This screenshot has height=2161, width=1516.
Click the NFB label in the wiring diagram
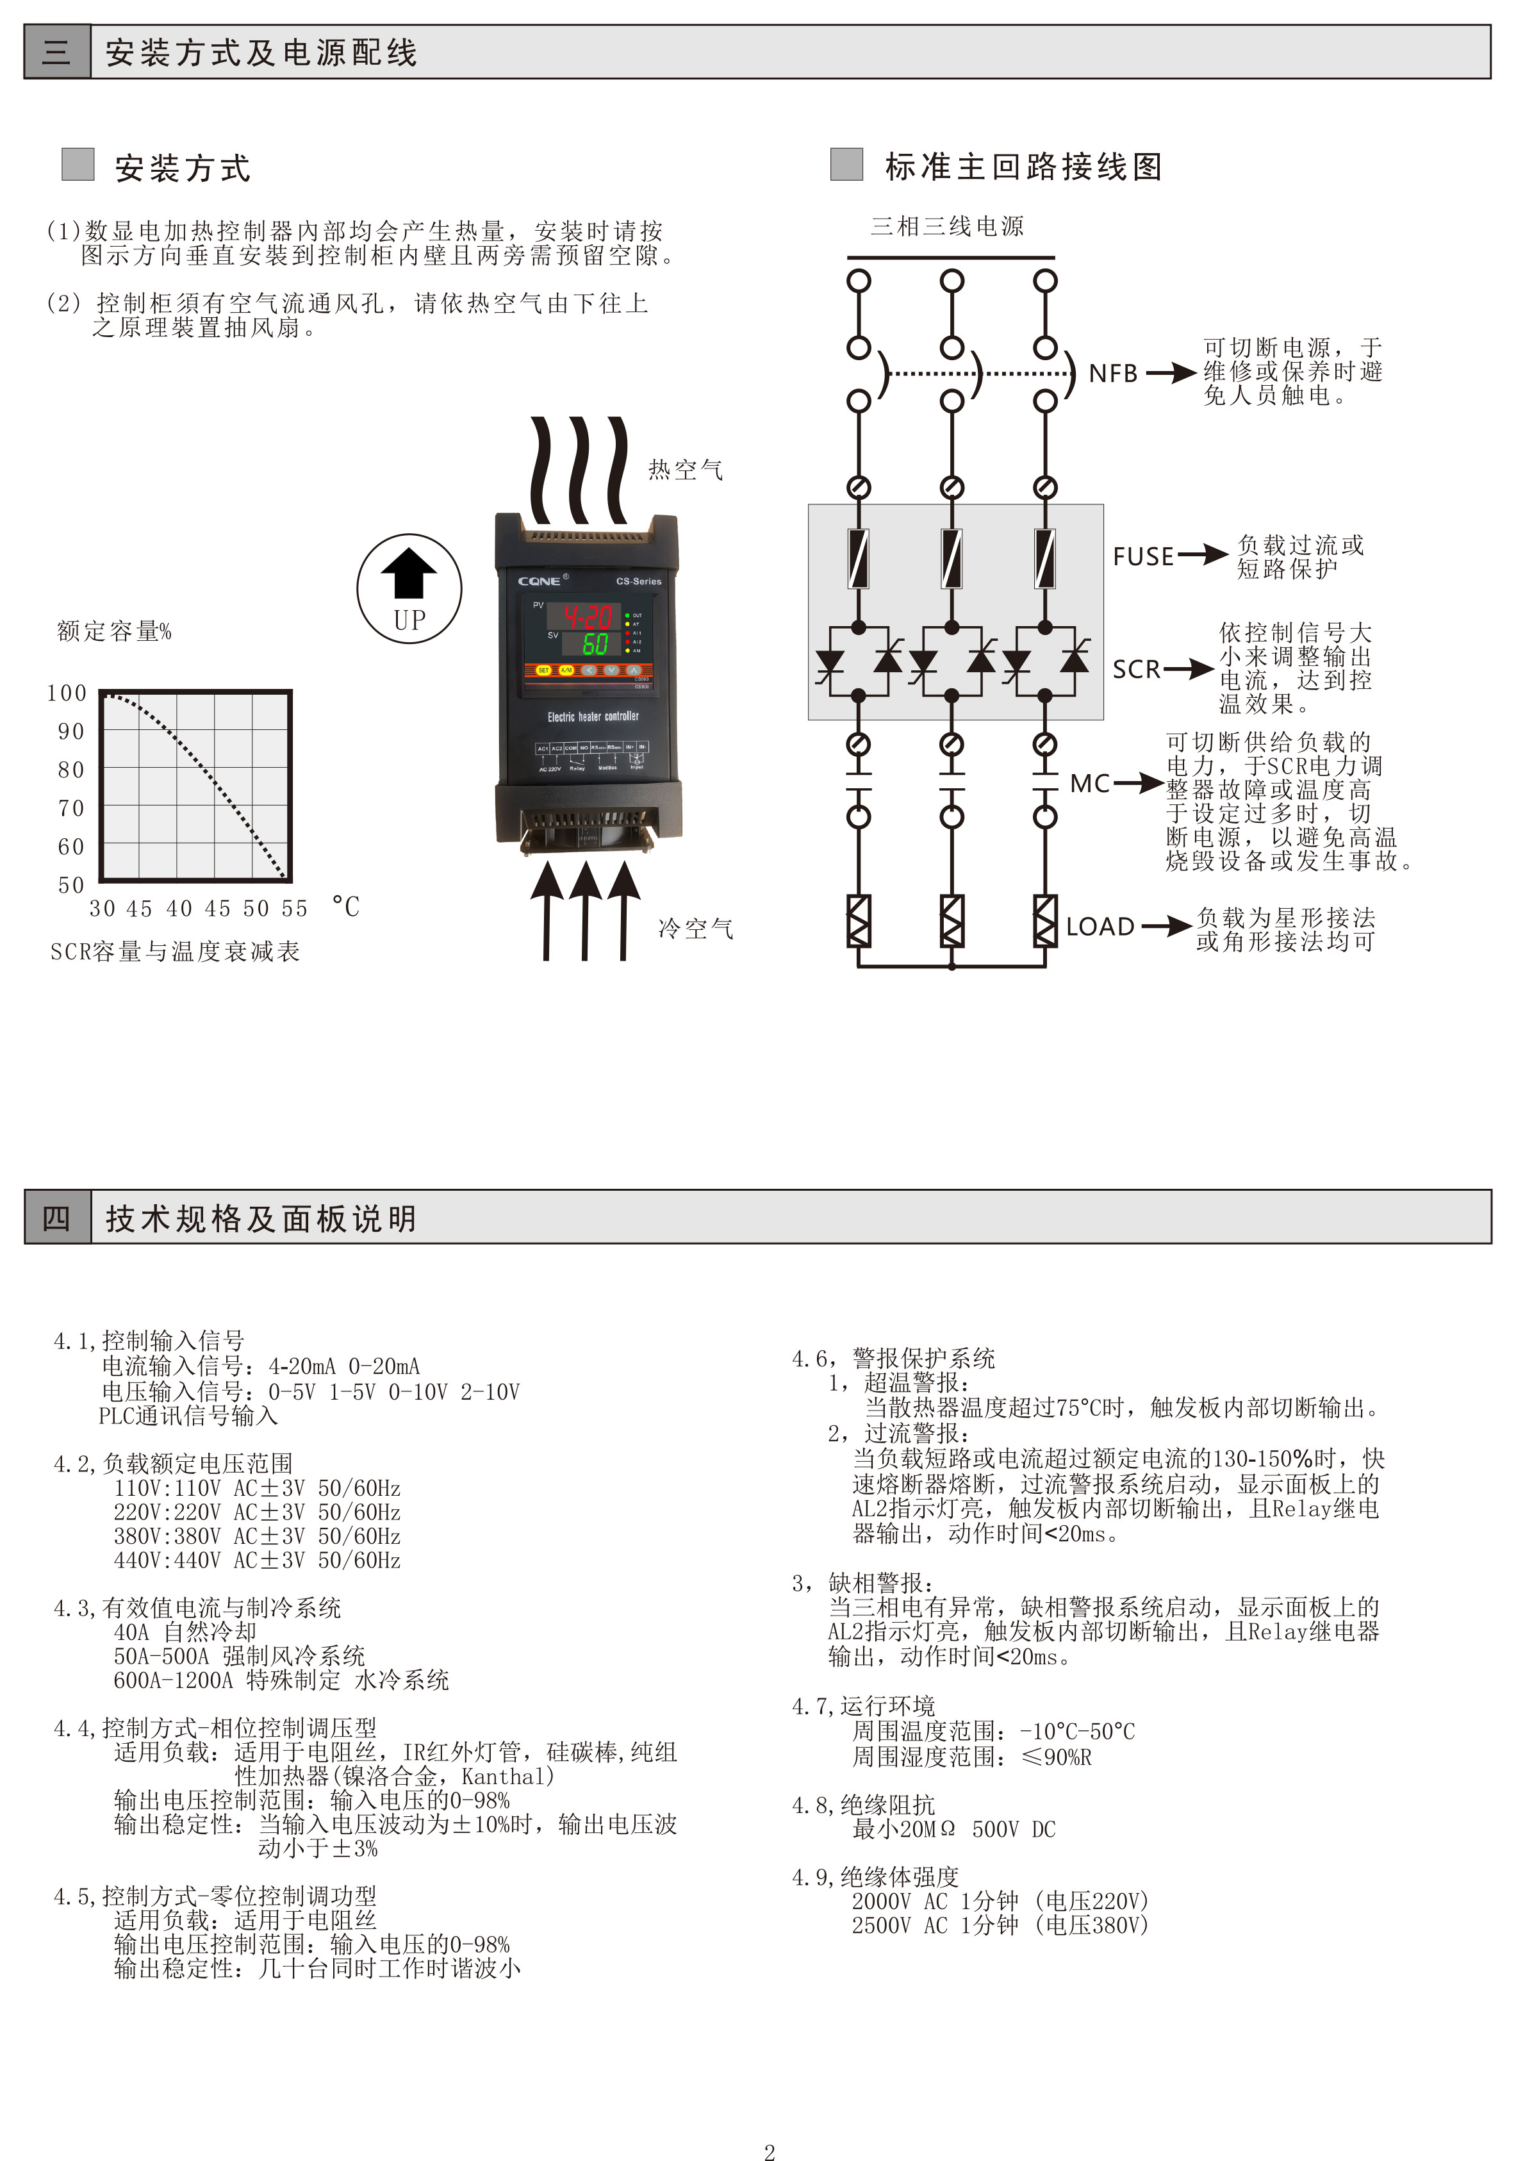coord(1113,374)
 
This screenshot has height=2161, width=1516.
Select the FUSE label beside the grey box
coord(1143,556)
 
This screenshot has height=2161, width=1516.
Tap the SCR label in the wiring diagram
coord(1137,669)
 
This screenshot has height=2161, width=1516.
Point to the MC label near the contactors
coord(1090,783)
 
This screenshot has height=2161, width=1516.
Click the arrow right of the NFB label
coord(1171,374)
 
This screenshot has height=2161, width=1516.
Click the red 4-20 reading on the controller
coord(587,617)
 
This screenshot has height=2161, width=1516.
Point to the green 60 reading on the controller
coord(595,644)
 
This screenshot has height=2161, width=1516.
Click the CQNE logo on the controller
coord(540,581)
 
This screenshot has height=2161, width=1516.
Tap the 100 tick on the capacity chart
coord(67,693)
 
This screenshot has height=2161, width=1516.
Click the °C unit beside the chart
coord(345,907)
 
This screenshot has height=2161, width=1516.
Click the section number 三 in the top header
coord(56,52)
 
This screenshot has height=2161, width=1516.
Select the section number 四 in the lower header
coord(56,1218)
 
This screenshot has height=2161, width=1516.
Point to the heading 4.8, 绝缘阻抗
coord(863,1805)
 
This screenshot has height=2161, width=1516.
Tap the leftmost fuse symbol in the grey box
coord(858,558)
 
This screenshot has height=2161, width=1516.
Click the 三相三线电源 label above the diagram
coord(946,226)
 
